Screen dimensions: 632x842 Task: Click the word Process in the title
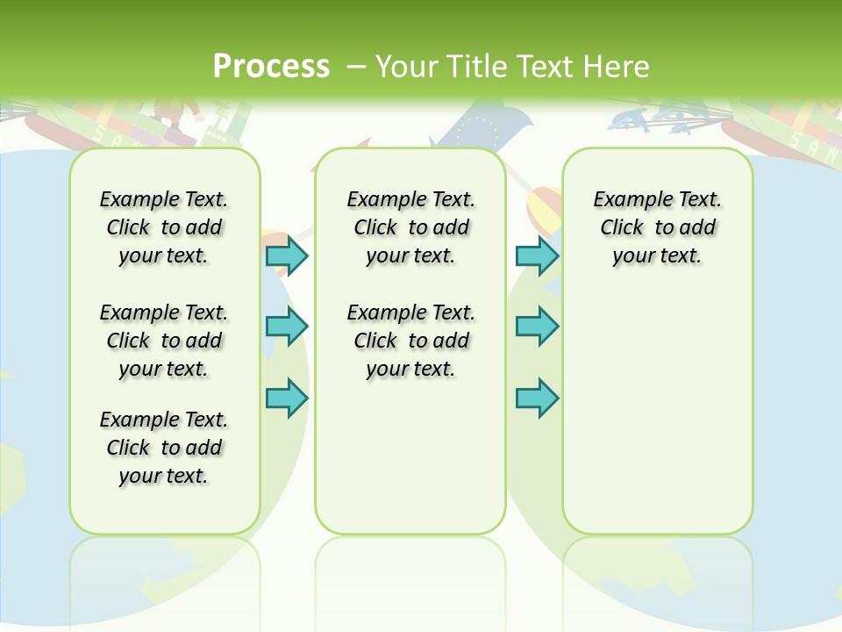tap(270, 67)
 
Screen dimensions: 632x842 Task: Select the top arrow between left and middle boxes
tap(287, 255)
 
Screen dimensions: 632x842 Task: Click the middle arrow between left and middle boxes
tap(287, 327)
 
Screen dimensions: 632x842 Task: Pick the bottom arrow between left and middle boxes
tap(287, 398)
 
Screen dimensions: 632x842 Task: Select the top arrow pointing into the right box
tap(537, 255)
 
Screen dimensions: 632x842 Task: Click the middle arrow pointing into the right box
tap(537, 327)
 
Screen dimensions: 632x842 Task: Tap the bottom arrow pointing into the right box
tap(537, 398)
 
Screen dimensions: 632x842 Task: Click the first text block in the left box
tap(164, 227)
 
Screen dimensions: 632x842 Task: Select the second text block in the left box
tap(164, 341)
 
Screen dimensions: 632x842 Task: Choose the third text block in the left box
tap(164, 448)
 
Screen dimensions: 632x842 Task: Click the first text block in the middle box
tap(410, 227)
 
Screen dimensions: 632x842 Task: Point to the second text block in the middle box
tap(410, 341)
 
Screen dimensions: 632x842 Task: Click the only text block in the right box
tap(657, 227)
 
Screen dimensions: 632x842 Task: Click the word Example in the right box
tap(624, 200)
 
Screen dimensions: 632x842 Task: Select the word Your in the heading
tap(407, 67)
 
